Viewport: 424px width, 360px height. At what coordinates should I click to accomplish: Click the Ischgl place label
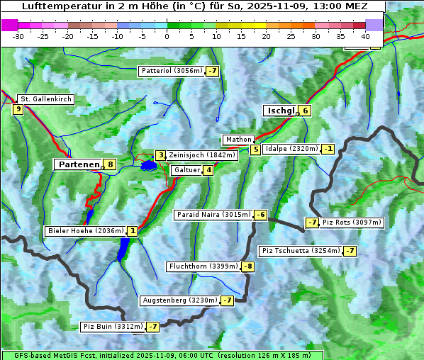(x=280, y=111)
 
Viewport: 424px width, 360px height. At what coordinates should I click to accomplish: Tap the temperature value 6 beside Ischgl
(x=305, y=111)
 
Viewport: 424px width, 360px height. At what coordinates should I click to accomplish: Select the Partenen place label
(x=78, y=164)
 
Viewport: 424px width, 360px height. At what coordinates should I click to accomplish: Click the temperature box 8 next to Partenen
(x=110, y=164)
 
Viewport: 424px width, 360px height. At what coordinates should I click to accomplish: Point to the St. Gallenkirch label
(x=45, y=99)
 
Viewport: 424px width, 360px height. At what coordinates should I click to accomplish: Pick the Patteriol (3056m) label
(x=172, y=71)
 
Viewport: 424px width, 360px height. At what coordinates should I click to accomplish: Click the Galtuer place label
(x=186, y=170)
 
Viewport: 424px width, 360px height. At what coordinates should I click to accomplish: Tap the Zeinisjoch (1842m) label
(x=201, y=155)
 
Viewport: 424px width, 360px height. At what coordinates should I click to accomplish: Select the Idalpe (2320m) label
(x=291, y=149)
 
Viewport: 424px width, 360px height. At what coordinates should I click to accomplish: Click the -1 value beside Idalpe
(x=328, y=149)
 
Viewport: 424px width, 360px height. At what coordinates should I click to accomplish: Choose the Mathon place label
(x=238, y=140)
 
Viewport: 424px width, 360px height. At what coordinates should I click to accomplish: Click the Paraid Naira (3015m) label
(x=213, y=215)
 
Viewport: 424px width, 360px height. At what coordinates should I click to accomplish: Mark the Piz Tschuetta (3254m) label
(x=301, y=251)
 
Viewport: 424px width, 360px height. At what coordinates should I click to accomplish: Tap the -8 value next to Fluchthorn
(x=247, y=267)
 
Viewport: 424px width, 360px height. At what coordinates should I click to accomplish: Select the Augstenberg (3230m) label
(x=179, y=300)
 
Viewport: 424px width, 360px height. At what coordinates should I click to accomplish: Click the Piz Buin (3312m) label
(x=113, y=327)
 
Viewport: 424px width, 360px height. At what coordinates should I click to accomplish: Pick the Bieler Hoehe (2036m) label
(x=84, y=231)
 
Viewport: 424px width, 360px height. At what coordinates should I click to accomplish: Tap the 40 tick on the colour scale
(x=365, y=36)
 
